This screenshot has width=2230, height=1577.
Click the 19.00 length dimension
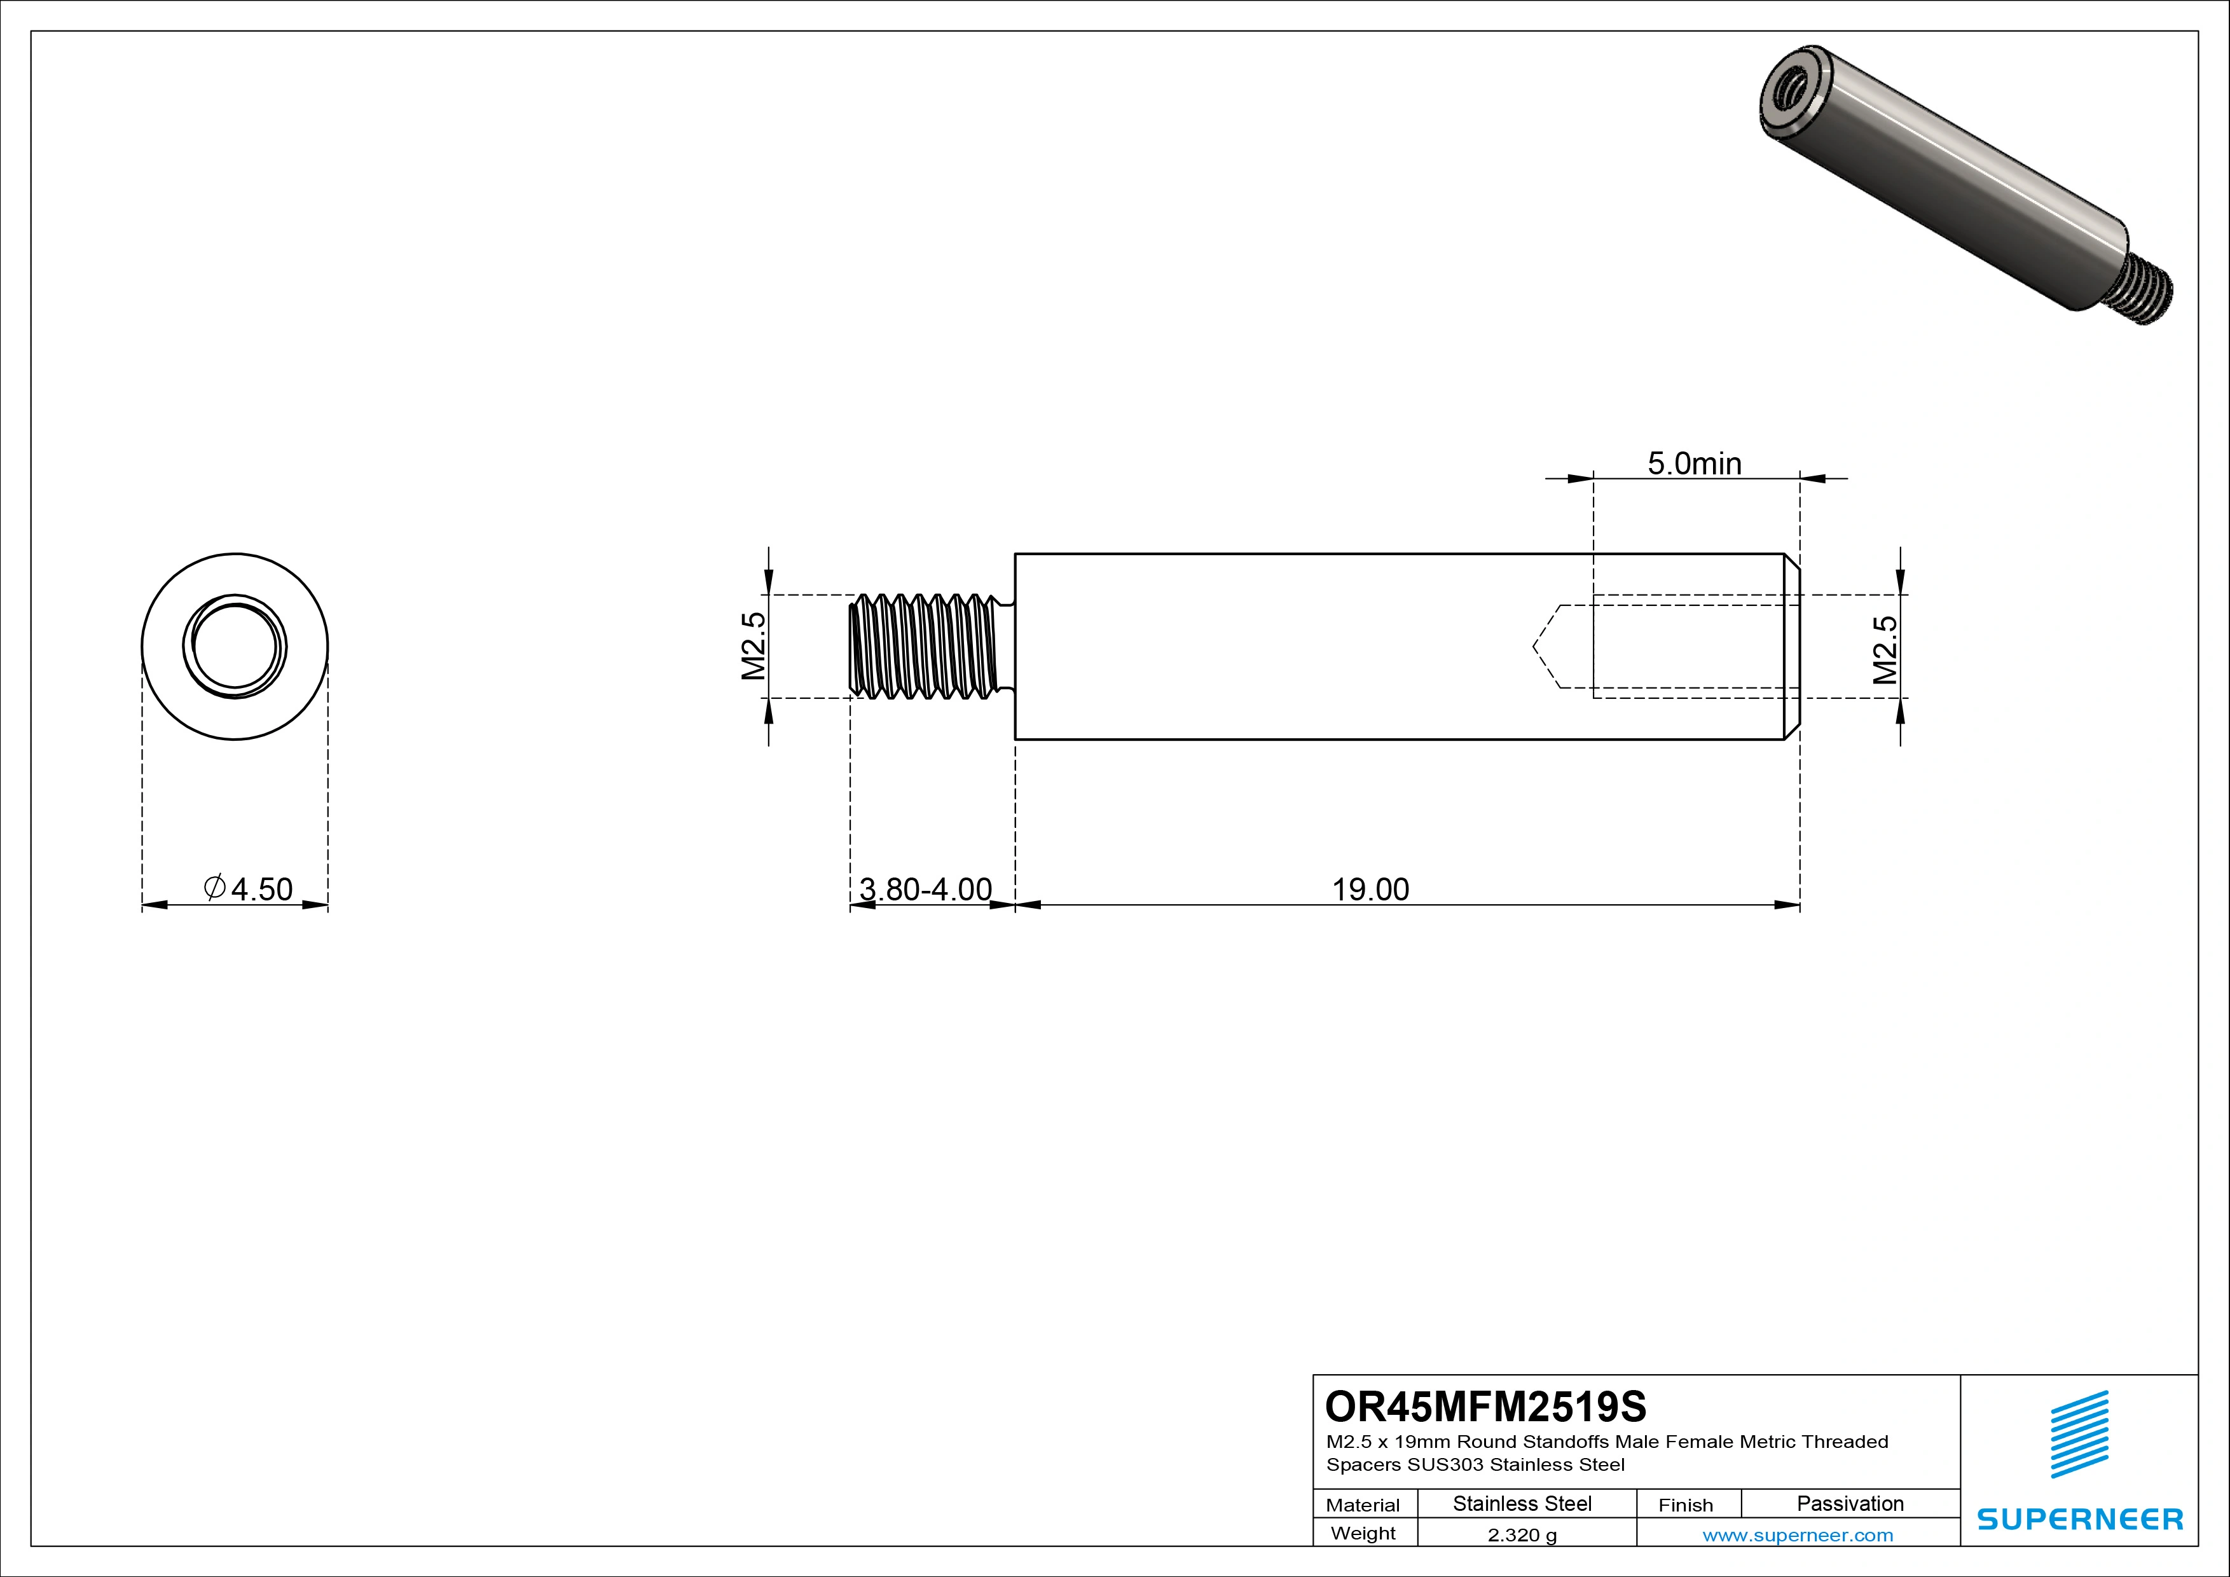coord(1370,890)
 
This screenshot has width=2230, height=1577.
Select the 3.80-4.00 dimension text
coord(926,890)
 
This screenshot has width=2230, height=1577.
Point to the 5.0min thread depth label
coord(1694,464)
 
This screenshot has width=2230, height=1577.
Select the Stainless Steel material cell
coord(1521,1504)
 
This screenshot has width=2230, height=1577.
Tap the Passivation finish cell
coord(1849,1504)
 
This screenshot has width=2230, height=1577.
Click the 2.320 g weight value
coord(1521,1535)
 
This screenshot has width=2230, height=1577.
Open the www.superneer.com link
coord(1797,1535)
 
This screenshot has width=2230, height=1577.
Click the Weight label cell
coord(1363,1533)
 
